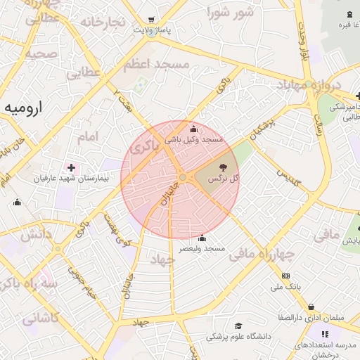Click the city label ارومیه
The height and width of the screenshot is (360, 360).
coord(25,108)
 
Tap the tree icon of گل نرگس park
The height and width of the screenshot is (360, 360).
coord(223,167)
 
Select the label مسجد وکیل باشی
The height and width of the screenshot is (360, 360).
coord(194,140)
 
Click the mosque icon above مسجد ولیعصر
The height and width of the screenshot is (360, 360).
coord(202,238)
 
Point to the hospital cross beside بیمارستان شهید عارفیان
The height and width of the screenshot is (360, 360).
coord(71,167)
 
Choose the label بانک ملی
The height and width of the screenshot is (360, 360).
coord(285,287)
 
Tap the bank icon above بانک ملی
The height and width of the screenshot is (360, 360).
coord(285,276)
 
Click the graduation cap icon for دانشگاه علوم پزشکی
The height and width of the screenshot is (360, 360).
coord(238,326)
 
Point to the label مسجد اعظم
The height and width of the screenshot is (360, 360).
coord(156,65)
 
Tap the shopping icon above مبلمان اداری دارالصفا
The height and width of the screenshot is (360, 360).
coord(311,307)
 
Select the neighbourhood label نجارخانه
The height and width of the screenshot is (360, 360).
coord(103,22)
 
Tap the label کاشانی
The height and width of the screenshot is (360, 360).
coord(41,318)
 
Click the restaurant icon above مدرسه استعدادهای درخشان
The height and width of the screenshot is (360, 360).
coord(325,334)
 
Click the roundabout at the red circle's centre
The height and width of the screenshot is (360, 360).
coord(182,177)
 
